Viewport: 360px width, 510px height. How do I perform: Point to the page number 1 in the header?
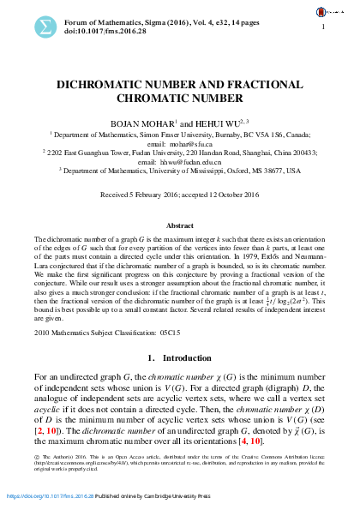tap(323, 27)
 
